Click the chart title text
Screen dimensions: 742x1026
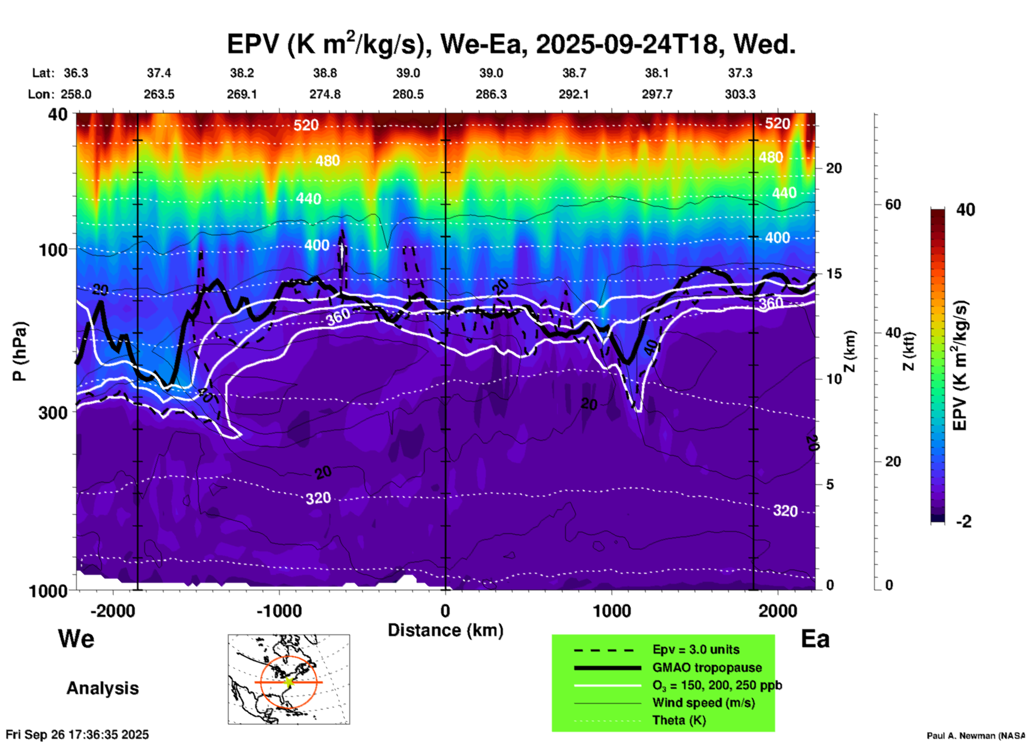point(511,44)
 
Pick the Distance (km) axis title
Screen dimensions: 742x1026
point(445,630)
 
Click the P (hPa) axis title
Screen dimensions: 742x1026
point(19,351)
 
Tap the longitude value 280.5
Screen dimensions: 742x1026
point(408,94)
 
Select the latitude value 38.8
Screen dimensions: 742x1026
point(325,73)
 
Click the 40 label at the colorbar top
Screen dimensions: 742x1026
point(965,210)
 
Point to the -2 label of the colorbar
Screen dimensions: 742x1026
point(964,522)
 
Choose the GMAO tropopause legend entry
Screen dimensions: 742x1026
point(707,667)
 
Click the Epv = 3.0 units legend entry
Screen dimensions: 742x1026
point(696,649)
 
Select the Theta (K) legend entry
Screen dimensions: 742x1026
point(679,720)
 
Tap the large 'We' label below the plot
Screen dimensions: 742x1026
point(76,638)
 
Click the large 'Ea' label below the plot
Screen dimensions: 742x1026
point(815,639)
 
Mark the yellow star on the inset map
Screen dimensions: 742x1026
point(289,681)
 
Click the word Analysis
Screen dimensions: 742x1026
point(102,688)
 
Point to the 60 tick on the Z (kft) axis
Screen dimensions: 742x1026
point(893,204)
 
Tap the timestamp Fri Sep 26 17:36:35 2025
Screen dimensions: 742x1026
point(77,735)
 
